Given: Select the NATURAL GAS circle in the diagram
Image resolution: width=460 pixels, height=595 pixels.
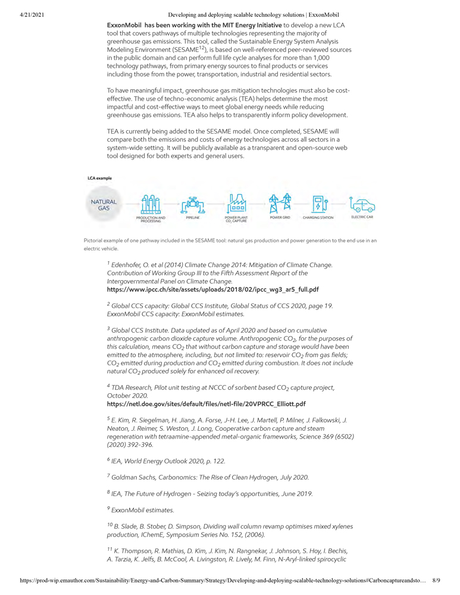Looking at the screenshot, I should (104, 205).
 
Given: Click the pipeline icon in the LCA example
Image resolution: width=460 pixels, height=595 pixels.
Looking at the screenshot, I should (193, 205).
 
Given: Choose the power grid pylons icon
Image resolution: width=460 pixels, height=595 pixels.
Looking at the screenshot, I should (280, 204).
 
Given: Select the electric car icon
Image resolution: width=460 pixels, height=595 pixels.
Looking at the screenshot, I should (362, 205).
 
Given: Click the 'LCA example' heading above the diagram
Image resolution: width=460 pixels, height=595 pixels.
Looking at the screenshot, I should (99, 178).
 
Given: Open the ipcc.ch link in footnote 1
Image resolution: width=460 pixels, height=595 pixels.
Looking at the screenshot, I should (212, 290).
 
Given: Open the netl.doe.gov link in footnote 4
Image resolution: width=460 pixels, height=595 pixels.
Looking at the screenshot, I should (206, 403).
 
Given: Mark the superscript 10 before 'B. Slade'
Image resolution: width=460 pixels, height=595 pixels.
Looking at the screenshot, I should (109, 524).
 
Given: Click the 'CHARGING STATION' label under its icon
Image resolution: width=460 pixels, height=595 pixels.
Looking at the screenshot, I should (318, 218).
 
